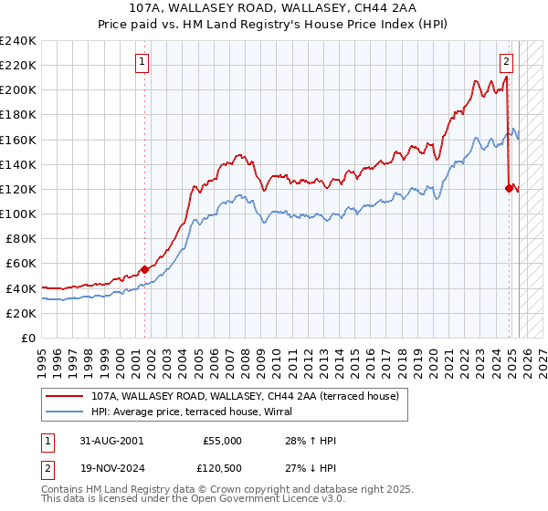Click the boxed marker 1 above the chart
pos(143,62)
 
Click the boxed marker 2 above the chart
pos(506,62)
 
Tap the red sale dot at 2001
pos(144,269)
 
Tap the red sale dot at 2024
pos(509,188)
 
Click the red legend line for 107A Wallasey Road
pos(65,397)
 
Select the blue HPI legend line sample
pos(65,412)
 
